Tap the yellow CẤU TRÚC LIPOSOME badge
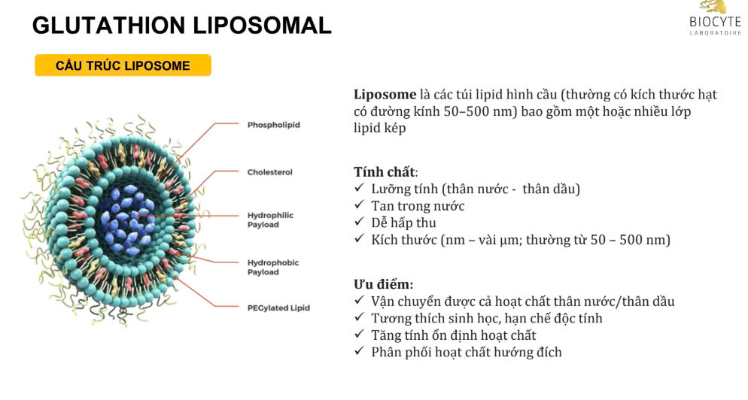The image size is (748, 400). pos(123,65)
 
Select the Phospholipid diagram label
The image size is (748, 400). pos(273,125)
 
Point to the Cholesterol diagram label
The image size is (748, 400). pos(269,172)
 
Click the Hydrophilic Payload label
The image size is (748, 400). pos(270,220)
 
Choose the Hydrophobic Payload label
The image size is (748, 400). pos(272,267)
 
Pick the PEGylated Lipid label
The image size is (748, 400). pos(278,308)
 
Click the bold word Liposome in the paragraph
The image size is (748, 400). pos(385,95)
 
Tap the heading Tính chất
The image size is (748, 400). pos(384,171)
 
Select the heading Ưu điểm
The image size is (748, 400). pos(383,284)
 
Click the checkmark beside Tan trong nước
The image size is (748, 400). pos(360,205)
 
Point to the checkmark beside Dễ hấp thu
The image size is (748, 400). pos(360,223)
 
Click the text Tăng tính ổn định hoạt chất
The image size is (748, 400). pos(453,335)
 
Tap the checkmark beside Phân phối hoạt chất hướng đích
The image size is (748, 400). pos(360,352)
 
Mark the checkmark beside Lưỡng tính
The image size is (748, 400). pos(360,188)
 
